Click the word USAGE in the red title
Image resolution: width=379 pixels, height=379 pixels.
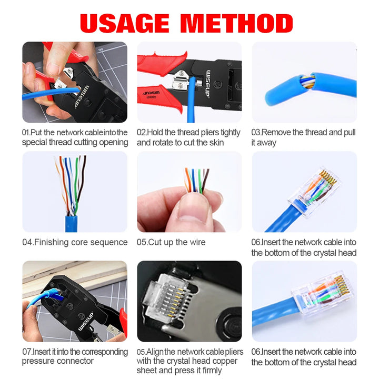[x=124, y=23]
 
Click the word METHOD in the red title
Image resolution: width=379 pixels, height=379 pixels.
[x=237, y=23]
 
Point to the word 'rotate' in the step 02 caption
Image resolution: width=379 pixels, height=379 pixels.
[x=166, y=142]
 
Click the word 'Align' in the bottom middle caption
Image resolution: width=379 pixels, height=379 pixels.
[x=155, y=352]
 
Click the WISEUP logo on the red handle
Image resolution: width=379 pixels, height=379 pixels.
[x=151, y=93]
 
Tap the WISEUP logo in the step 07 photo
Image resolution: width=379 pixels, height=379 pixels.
[x=86, y=322]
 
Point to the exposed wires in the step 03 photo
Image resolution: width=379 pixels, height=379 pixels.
[x=307, y=82]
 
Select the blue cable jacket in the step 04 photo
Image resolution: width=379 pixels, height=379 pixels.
[x=71, y=224]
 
